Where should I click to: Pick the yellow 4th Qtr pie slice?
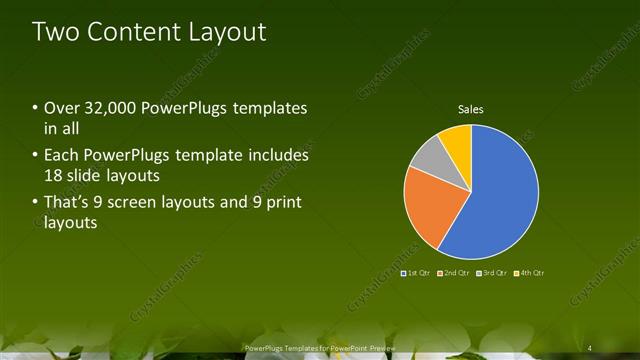(x=456, y=140)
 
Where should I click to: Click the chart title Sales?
(x=471, y=108)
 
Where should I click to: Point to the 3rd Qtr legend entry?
(x=492, y=272)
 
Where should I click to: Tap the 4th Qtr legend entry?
(x=529, y=272)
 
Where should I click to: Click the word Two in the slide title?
(x=55, y=31)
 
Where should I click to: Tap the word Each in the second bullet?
(x=61, y=156)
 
